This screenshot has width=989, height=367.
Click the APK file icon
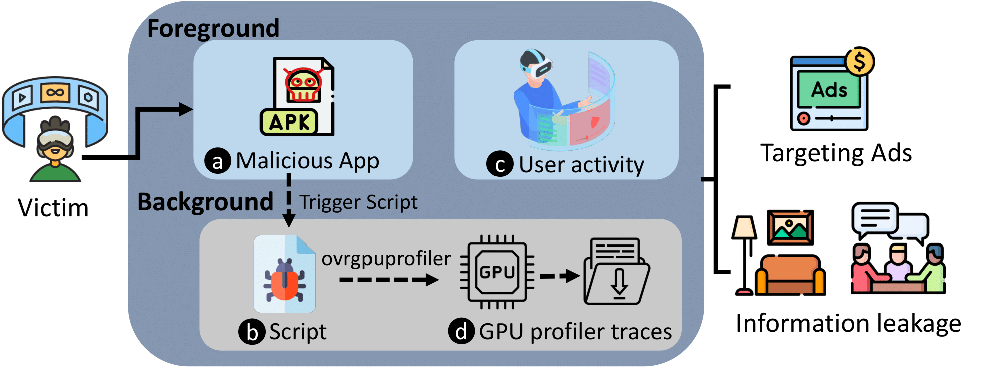297,96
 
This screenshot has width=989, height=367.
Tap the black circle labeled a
217,161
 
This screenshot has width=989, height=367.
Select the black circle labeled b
252,332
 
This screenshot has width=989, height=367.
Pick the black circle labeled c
500,164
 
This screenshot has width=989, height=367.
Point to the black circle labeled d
461,331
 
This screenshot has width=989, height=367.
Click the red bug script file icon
285,275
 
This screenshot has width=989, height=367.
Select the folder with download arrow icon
616,272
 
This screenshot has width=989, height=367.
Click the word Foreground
213,28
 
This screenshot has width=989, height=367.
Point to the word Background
205,202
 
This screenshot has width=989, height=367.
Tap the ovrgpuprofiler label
386,259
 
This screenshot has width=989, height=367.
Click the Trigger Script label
358,202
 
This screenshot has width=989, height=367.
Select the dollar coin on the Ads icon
859,61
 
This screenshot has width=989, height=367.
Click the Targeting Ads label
836,153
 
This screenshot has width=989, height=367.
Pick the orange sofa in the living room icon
790,275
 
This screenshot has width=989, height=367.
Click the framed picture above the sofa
790,227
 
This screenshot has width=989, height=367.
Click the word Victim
53,208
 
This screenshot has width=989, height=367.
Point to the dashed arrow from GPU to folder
559,276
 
